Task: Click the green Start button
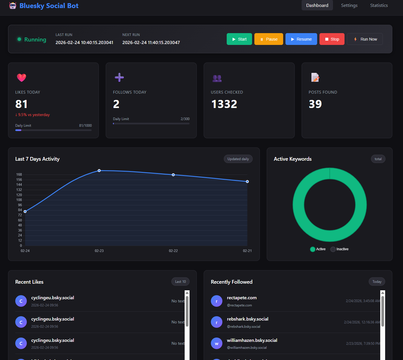pos(239,39)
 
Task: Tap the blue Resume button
pos(301,39)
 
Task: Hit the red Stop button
pos(332,39)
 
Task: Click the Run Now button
pos(365,39)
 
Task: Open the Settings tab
pos(349,5)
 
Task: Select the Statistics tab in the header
pos(379,5)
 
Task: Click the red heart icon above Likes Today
pos(22,77)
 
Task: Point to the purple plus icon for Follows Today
pos(119,77)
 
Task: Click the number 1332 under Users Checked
pos(224,104)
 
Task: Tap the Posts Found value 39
pos(315,104)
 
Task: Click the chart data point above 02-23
pos(99,171)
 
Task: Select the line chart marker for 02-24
pos(25,211)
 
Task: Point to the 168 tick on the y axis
pos(19,175)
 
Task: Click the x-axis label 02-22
pos(173,251)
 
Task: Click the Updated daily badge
pos(238,159)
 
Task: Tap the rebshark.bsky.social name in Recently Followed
pos(247,319)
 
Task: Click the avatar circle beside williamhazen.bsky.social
pos(217,343)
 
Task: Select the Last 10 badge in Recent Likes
pos(180,282)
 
